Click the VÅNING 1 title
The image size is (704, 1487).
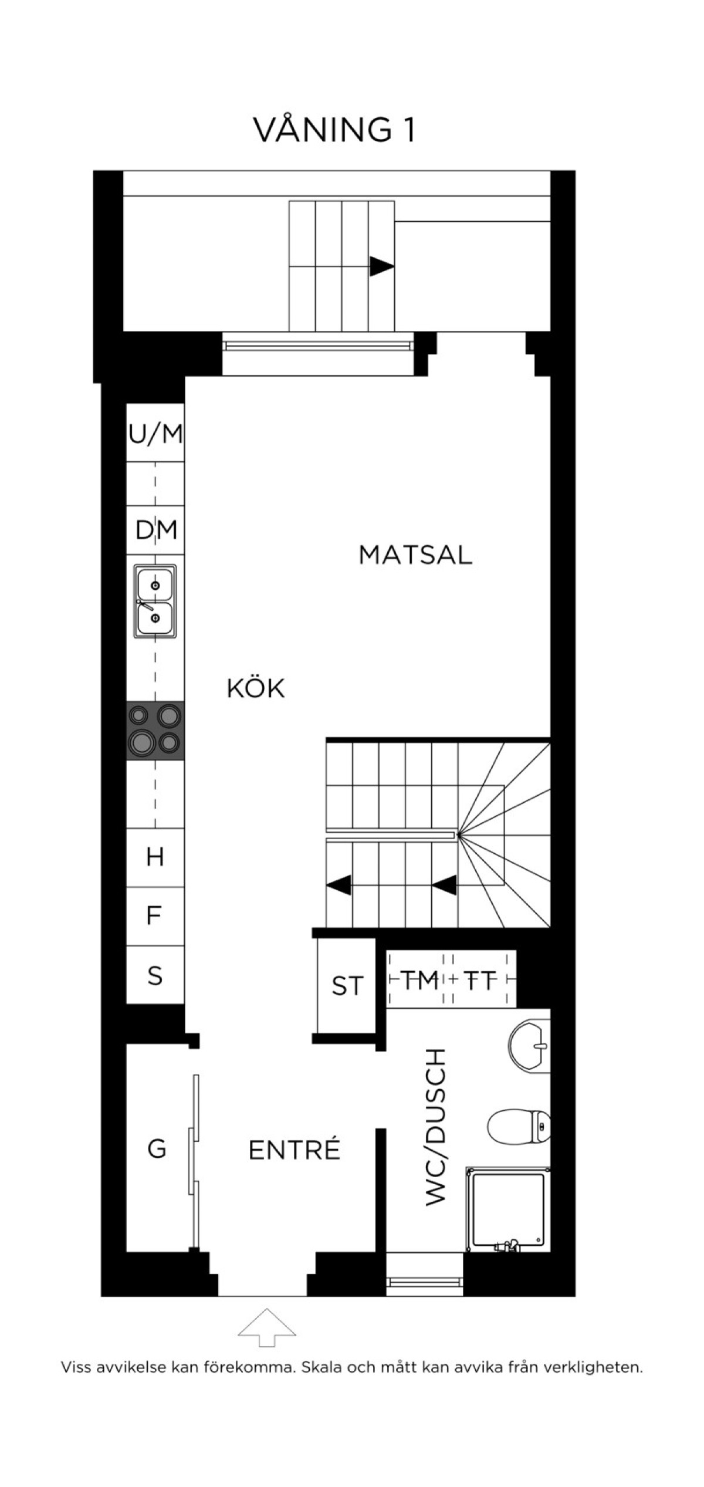(334, 130)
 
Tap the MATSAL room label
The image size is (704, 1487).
(415, 555)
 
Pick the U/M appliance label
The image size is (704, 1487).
(155, 434)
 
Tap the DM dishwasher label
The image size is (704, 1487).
(156, 530)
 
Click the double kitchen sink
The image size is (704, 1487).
(155, 601)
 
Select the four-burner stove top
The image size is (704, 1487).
(155, 731)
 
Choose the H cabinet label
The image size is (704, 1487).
(155, 857)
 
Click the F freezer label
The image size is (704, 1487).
(154, 915)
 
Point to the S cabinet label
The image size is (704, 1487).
(155, 975)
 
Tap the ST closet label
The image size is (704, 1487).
(348, 986)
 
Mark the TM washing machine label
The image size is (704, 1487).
(419, 979)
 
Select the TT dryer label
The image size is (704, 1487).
(480, 979)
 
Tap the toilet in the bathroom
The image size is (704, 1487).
(519, 1126)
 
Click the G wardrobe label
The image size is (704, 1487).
(157, 1148)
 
